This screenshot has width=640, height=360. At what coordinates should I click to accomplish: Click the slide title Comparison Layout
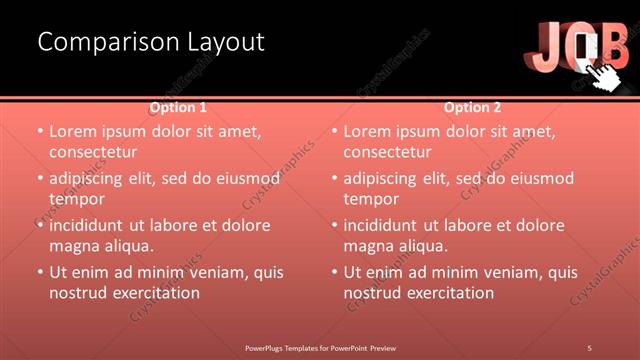(x=151, y=42)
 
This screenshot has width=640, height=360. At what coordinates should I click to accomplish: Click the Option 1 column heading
(x=179, y=107)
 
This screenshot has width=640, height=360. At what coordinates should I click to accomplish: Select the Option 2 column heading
(x=473, y=107)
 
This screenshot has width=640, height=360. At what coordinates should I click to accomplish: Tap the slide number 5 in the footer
(x=590, y=347)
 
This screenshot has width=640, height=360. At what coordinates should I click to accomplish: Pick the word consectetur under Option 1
(x=92, y=152)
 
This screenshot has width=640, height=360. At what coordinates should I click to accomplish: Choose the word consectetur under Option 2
(x=387, y=152)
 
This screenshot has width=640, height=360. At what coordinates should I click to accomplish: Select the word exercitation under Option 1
(x=154, y=293)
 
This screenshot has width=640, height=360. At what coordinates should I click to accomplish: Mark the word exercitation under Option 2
(x=449, y=293)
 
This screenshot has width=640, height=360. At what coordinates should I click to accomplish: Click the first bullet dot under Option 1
(x=40, y=131)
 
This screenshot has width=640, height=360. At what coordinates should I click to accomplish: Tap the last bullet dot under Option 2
(x=335, y=272)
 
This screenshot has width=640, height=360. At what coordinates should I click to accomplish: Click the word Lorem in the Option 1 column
(x=73, y=131)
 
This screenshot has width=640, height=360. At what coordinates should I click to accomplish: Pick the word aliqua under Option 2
(x=424, y=246)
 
